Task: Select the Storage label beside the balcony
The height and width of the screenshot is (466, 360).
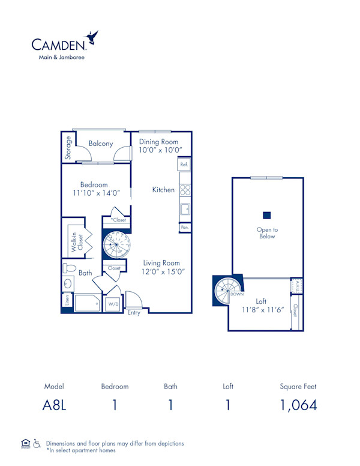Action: pyautogui.click(x=68, y=148)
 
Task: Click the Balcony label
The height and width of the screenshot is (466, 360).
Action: pyautogui.click(x=101, y=144)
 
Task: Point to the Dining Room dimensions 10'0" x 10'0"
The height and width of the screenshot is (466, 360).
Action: pyautogui.click(x=160, y=150)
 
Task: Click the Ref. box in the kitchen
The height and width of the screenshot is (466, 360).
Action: pyautogui.click(x=184, y=164)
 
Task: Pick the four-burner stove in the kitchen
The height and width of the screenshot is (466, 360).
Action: pyautogui.click(x=185, y=190)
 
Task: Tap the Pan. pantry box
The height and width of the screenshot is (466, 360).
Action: pyautogui.click(x=184, y=228)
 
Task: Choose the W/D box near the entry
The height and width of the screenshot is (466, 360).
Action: pyautogui.click(x=113, y=304)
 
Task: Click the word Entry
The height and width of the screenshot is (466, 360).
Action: pyautogui.click(x=134, y=313)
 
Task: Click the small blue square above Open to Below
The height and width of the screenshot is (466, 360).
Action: pyautogui.click(x=267, y=215)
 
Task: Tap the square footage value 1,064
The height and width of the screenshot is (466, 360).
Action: pyautogui.click(x=298, y=405)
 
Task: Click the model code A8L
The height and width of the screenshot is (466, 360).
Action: pyautogui.click(x=54, y=405)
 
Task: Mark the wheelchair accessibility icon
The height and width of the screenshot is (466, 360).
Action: pyautogui.click(x=37, y=444)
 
